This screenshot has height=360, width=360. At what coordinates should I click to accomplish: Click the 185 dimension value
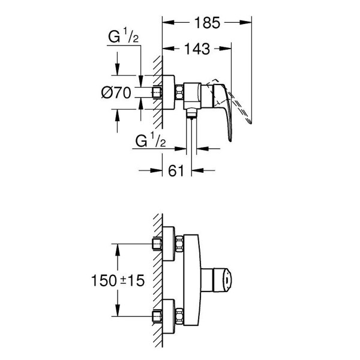[207, 23]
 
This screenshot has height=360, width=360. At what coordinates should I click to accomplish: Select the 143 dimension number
[197, 49]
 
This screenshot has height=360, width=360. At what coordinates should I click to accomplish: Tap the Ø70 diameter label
[116, 93]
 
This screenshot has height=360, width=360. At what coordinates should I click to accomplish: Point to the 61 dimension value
[176, 170]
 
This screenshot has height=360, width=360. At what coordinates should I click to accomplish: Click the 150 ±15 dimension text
[118, 280]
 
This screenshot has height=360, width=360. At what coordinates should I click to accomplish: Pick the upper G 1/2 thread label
[123, 35]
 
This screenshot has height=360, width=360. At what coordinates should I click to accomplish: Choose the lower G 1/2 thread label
[151, 139]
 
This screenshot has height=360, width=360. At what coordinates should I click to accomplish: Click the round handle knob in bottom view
[222, 280]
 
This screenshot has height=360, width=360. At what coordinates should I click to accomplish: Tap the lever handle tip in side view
[230, 140]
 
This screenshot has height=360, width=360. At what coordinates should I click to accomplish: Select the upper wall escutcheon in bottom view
[169, 244]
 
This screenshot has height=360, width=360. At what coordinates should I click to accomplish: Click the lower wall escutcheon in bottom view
[169, 316]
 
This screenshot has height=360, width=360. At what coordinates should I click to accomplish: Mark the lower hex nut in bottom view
[179, 316]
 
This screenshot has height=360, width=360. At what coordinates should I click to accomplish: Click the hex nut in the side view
[179, 92]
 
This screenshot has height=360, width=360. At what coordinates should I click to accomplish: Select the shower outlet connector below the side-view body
[191, 113]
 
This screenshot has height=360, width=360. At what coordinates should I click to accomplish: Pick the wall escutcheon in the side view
[169, 92]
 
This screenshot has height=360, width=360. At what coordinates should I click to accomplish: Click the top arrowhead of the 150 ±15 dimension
[118, 250]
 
